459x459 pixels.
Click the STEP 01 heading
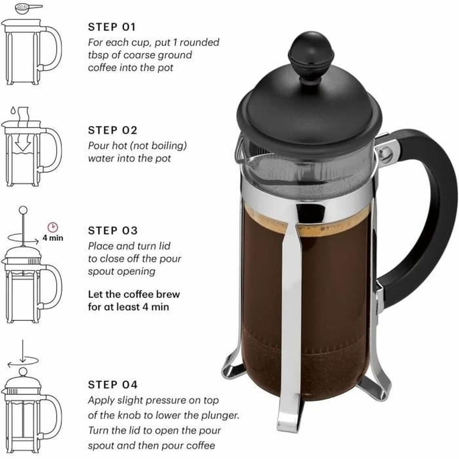click(x=112, y=27)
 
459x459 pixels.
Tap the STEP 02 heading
click(x=112, y=130)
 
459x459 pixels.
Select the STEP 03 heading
click(x=112, y=231)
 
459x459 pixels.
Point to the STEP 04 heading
click(x=112, y=384)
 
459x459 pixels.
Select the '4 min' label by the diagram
click(x=53, y=238)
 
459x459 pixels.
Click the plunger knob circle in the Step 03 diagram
click(x=23, y=210)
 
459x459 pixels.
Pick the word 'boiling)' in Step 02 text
click(x=169, y=146)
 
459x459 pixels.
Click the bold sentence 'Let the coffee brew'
click(x=133, y=295)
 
